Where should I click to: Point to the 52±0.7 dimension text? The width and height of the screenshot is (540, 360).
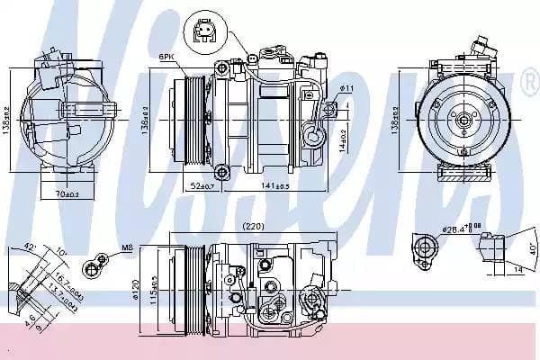(201, 186)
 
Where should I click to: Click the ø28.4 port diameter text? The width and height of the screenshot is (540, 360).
(459, 229)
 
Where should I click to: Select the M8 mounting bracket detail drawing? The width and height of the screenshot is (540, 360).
(91, 266)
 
